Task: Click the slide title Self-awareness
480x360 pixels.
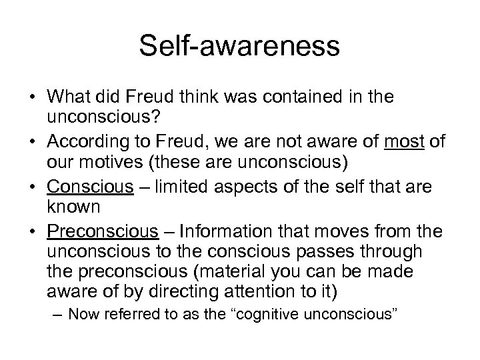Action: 240,47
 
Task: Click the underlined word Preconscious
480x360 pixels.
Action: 103,232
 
